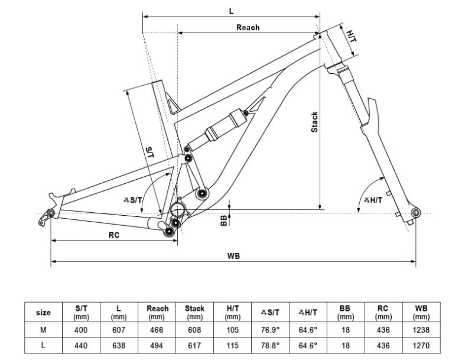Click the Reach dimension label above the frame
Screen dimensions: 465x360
pos(248,28)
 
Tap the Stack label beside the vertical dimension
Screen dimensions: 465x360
pos(314,122)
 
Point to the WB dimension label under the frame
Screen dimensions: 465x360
pos(233,256)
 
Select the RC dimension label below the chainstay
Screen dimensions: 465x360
pos(114,235)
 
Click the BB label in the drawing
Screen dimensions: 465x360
pos(224,220)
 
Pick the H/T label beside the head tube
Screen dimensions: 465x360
pos(352,36)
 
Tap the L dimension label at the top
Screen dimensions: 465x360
pos(231,11)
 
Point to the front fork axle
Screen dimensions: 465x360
pos(415,212)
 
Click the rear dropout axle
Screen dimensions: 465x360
pos(51,213)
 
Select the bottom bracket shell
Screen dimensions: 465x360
pos(178,209)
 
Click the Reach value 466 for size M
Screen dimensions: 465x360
pos(157,330)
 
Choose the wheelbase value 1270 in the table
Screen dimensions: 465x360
pos(421,345)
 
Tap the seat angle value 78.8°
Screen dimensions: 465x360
pos(270,345)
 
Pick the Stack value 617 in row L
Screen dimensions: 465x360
pos(194,345)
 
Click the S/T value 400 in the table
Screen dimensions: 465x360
pos(81,330)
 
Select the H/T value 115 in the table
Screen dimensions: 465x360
pos(233,345)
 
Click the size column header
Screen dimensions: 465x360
pos(43,312)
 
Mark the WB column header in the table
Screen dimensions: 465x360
pos(421,312)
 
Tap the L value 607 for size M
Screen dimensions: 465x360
pos(119,330)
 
